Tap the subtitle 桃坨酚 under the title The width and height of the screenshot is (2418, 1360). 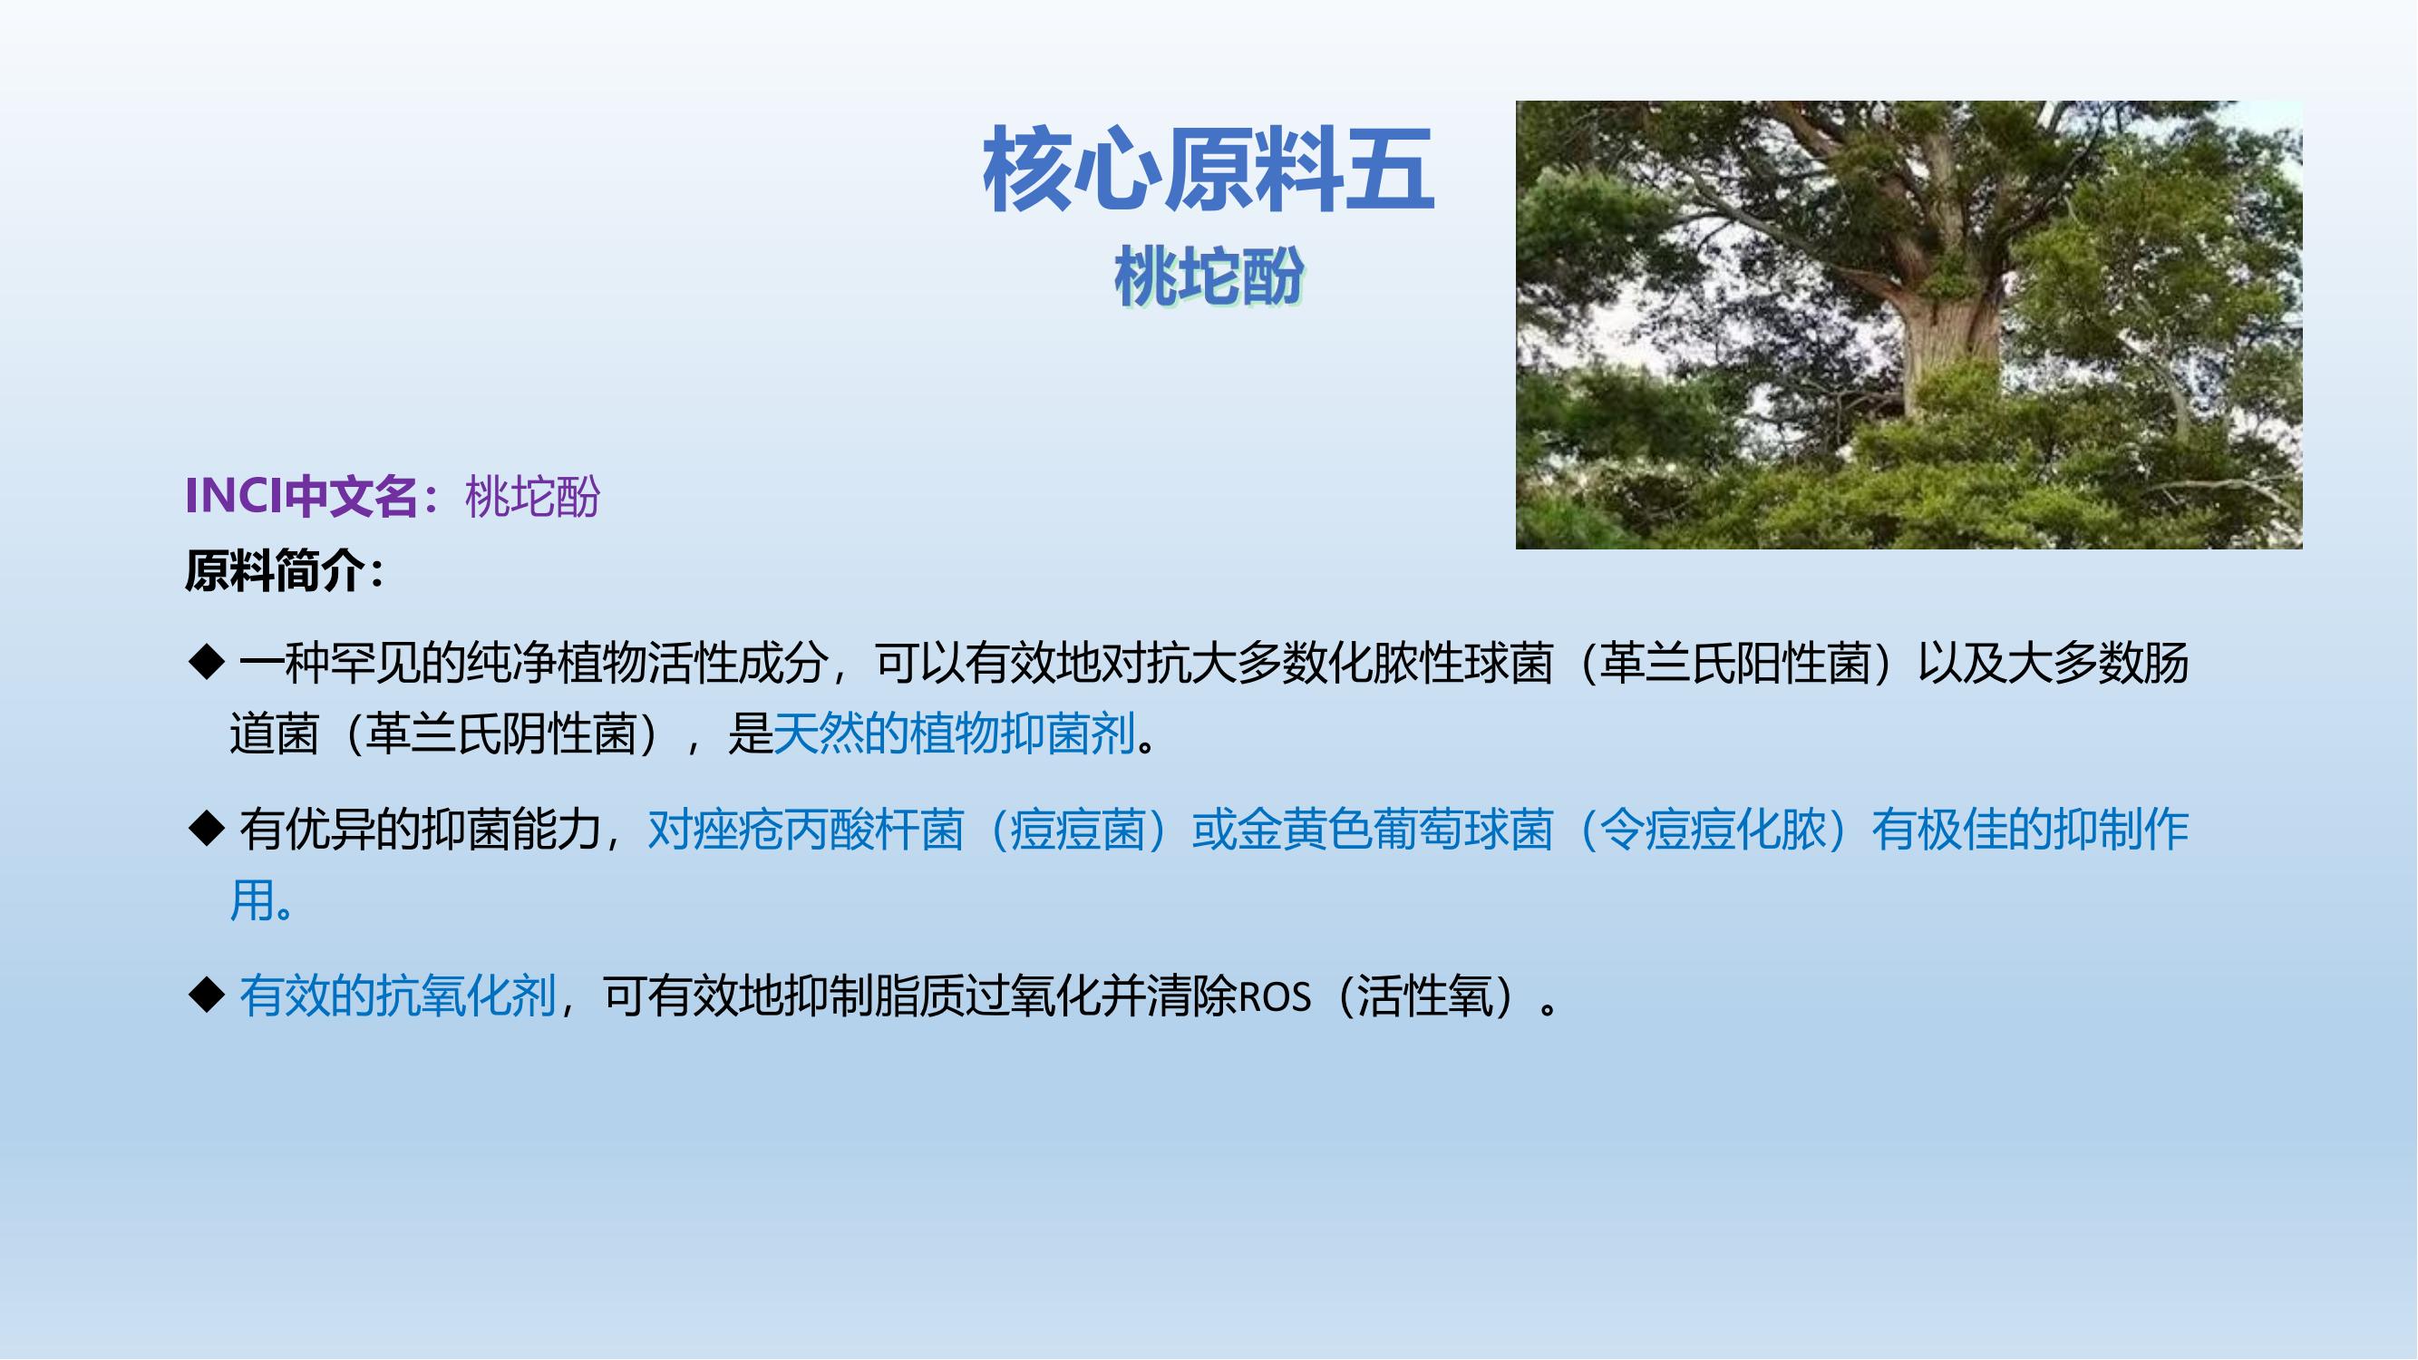click(1209, 277)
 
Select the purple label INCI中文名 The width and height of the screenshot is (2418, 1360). click(301, 496)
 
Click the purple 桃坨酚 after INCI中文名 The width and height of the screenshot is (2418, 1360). click(532, 497)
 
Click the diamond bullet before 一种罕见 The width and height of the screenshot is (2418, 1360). click(207, 662)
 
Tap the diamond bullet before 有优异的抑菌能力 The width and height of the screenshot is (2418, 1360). click(207, 829)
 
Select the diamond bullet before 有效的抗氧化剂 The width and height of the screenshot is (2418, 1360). click(207, 995)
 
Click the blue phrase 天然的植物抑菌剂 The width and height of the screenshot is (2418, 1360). click(955, 733)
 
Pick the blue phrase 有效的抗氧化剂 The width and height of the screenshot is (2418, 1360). click(398, 996)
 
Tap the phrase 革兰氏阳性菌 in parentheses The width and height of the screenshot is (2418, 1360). click(1735, 663)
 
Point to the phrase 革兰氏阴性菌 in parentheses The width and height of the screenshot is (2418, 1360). click(501, 733)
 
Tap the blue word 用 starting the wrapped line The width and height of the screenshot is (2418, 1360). click(253, 900)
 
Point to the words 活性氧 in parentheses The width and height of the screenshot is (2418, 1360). click(1425, 996)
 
